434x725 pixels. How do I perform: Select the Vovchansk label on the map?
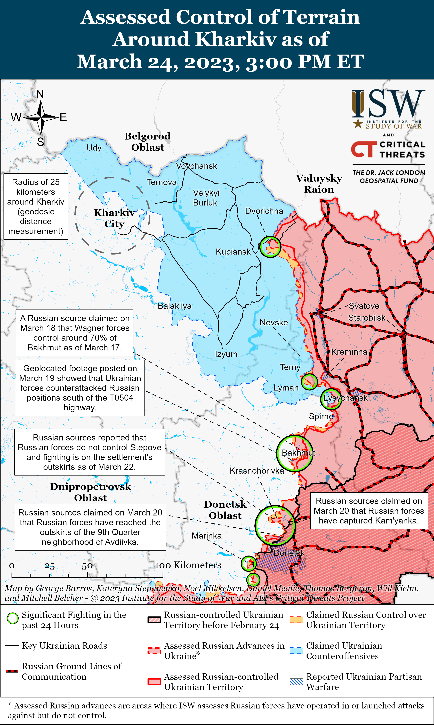coord(197,166)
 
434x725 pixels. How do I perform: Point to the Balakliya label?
coord(175,306)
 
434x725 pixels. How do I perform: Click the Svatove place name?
coord(364,306)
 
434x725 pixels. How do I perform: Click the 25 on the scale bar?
coord(49,566)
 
